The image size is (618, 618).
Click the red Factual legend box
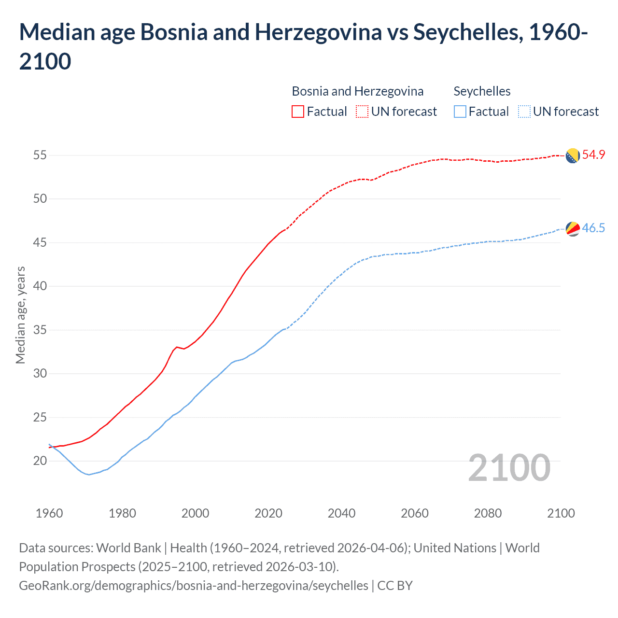pyautogui.click(x=298, y=112)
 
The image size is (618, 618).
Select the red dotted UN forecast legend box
pyautogui.click(x=362, y=112)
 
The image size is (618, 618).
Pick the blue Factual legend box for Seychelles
pyautogui.click(x=460, y=112)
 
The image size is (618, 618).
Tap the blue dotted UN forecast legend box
pyautogui.click(x=524, y=112)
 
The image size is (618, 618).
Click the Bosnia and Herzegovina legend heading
pyautogui.click(x=357, y=91)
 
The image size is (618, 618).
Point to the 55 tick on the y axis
pyautogui.click(x=40, y=155)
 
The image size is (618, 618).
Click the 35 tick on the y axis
pyautogui.click(x=40, y=330)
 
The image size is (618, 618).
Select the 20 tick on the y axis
pyautogui.click(x=40, y=461)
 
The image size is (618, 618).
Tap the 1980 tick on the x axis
pyautogui.click(x=122, y=513)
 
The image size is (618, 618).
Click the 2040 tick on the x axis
pyautogui.click(x=341, y=513)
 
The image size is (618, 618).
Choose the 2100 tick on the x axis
pyautogui.click(x=561, y=513)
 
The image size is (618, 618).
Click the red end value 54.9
pyautogui.click(x=593, y=155)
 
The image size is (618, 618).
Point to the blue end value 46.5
pyautogui.click(x=593, y=228)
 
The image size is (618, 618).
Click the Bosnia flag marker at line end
pyautogui.click(x=573, y=156)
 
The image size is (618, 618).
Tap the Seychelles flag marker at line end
pyautogui.click(x=573, y=229)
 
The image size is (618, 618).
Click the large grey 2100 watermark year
pyautogui.click(x=509, y=468)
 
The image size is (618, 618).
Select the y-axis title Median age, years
pyautogui.click(x=20, y=315)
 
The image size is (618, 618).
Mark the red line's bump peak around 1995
pyautogui.click(x=177, y=347)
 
